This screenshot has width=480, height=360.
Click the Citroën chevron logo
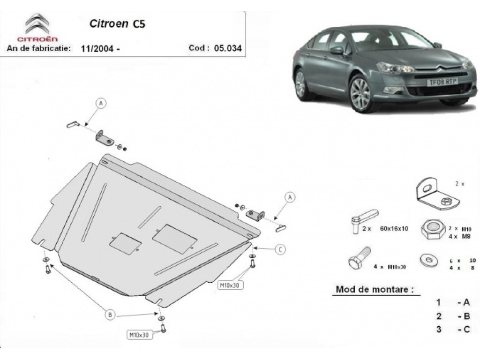[x=37, y=23]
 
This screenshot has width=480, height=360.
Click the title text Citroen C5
[x=117, y=23]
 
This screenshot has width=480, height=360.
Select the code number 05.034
[x=228, y=48]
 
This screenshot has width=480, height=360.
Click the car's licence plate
[x=442, y=82]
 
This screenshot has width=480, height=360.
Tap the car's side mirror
[x=337, y=51]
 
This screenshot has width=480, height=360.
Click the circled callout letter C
[x=280, y=249]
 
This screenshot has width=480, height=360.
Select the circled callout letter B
[x=110, y=315]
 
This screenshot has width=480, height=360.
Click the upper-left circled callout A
[x=101, y=104]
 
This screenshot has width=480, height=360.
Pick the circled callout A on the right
[x=290, y=197]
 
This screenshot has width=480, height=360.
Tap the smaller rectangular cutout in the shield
[x=125, y=244]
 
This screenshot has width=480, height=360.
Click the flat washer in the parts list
[x=428, y=261]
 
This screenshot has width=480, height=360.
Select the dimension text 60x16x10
[x=394, y=229]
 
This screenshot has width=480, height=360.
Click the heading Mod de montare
[x=375, y=289]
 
